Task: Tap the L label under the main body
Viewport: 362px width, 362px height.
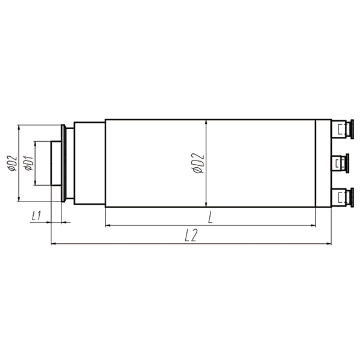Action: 210,217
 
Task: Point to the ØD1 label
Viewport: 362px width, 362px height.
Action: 28,163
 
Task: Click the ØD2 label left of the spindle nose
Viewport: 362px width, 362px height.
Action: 11,163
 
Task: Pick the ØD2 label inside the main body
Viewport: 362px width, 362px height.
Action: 198,163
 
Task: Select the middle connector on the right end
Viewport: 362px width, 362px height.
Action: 343,163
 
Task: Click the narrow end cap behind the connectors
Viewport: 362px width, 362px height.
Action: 323,163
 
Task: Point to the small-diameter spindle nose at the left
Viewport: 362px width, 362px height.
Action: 56,163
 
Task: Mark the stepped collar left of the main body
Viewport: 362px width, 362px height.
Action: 89,163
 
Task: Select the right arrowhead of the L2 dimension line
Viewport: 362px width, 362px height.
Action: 329,244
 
